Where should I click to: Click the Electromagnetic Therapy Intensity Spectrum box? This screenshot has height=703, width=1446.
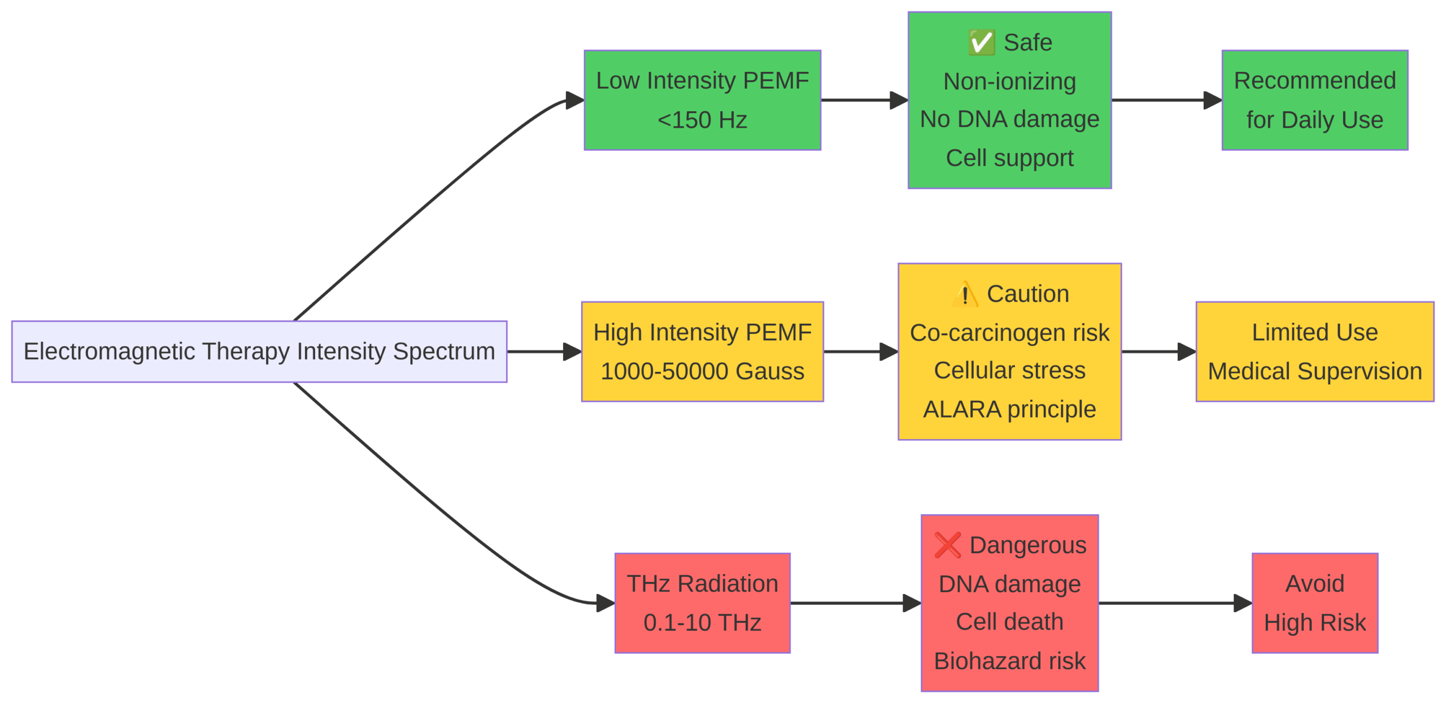click(259, 351)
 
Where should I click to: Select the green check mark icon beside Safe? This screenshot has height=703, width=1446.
click(981, 42)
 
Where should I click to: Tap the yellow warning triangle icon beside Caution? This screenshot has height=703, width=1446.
click(965, 294)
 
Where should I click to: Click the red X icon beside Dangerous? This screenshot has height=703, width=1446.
click(947, 545)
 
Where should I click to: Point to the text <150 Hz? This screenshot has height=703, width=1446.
click(702, 120)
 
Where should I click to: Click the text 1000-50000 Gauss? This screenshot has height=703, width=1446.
click(702, 371)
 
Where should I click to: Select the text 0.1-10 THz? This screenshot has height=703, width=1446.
click(702, 622)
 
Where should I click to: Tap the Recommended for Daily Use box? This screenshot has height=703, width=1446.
click(1314, 100)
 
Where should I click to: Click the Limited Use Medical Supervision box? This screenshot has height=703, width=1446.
click(1314, 351)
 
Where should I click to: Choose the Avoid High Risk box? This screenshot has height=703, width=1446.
click(1314, 602)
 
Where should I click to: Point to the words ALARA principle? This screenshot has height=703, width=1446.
click(1009, 409)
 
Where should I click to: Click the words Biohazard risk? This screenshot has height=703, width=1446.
click(1009, 661)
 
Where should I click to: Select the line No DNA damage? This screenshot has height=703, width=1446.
click(1009, 119)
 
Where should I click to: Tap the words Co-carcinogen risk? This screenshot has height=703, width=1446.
click(1009, 333)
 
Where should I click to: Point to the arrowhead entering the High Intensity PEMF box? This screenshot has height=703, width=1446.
click(572, 351)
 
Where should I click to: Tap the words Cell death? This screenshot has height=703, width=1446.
click(1009, 622)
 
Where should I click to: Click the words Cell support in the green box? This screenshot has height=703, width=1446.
click(1009, 158)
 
